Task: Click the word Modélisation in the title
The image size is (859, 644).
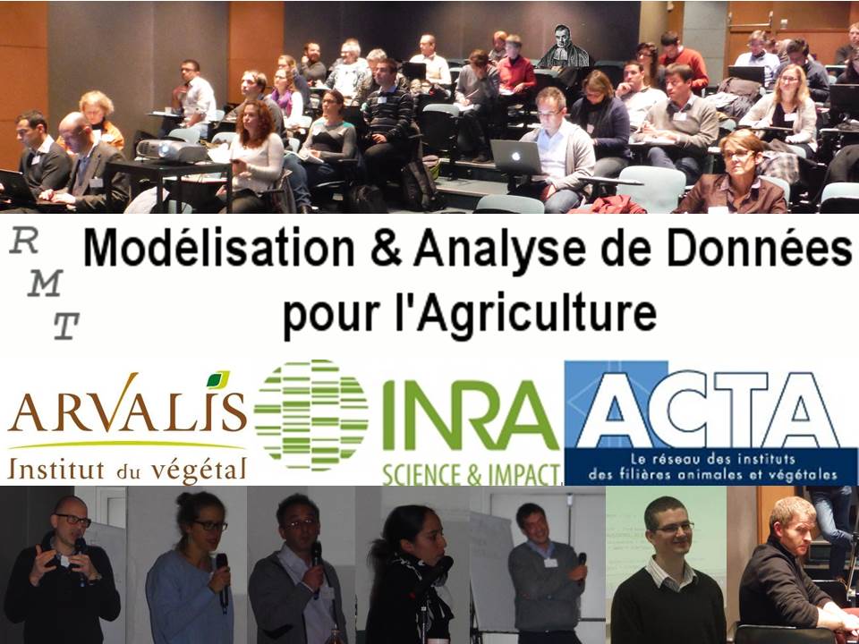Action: (x=218, y=250)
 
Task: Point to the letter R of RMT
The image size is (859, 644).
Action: (x=24, y=241)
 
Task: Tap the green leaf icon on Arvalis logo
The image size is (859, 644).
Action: (x=218, y=379)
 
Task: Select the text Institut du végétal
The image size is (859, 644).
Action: (x=126, y=470)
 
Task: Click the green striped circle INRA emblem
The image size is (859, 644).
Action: (x=310, y=415)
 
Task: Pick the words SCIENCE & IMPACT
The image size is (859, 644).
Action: (x=472, y=475)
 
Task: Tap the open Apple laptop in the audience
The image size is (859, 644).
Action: (x=515, y=157)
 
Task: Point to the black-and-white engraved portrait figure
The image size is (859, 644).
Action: (x=564, y=47)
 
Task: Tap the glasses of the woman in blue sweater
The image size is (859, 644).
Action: (x=209, y=526)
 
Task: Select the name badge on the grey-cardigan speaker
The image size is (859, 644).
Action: (x=550, y=563)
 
